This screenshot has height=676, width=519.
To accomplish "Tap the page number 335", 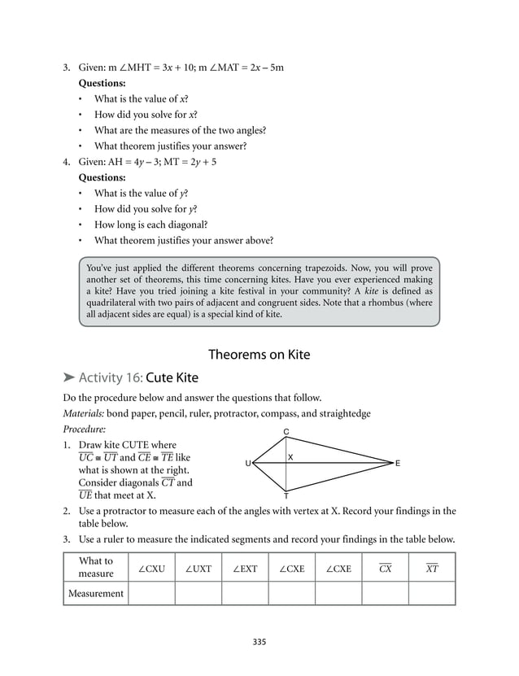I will coord(259,642).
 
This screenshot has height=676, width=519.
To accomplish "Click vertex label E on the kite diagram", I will coord(398,464).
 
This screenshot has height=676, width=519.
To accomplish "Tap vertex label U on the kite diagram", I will coord(247,464).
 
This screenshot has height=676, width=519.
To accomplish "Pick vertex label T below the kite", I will coord(286,495).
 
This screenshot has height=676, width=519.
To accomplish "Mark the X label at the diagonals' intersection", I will coord(290,457).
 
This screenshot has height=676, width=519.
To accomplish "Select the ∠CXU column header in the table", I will coord(151,569).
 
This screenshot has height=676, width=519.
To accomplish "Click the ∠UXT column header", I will coord(198,569).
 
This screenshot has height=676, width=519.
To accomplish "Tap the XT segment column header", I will coord(431,569).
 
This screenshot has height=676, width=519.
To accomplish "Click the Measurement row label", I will coord(96,593).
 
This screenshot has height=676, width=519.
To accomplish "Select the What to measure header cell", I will coord(96,568).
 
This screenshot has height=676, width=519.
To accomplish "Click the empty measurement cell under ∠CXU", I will coord(151,593).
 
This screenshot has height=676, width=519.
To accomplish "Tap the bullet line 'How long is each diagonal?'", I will coord(151,224).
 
